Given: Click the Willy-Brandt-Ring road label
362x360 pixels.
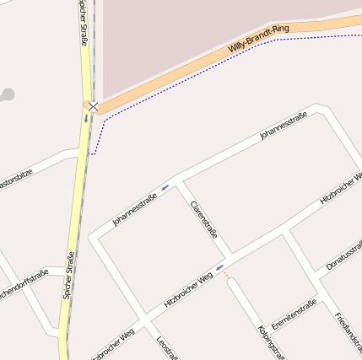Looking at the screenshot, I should pos(258,40).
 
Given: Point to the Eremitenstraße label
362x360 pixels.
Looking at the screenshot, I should pos(294,314).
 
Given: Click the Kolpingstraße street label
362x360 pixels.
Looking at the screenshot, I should pos(268,338).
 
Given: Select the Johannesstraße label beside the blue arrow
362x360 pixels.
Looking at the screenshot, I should pos(135,209).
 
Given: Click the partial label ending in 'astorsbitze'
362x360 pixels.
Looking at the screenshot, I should pos(15,181).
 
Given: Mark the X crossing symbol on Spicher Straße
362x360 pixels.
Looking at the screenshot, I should pos(93,107).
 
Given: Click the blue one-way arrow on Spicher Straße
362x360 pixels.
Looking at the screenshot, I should pos(85,119).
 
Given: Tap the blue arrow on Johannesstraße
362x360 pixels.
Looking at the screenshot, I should pos(165,185).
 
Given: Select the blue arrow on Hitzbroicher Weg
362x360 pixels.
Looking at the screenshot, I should pos(220,268).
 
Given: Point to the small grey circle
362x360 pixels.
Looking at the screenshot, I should pos(7,94).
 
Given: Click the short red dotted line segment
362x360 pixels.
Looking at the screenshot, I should pos(226,276).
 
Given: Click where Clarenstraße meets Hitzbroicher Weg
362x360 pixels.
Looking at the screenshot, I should pos(230,256).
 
